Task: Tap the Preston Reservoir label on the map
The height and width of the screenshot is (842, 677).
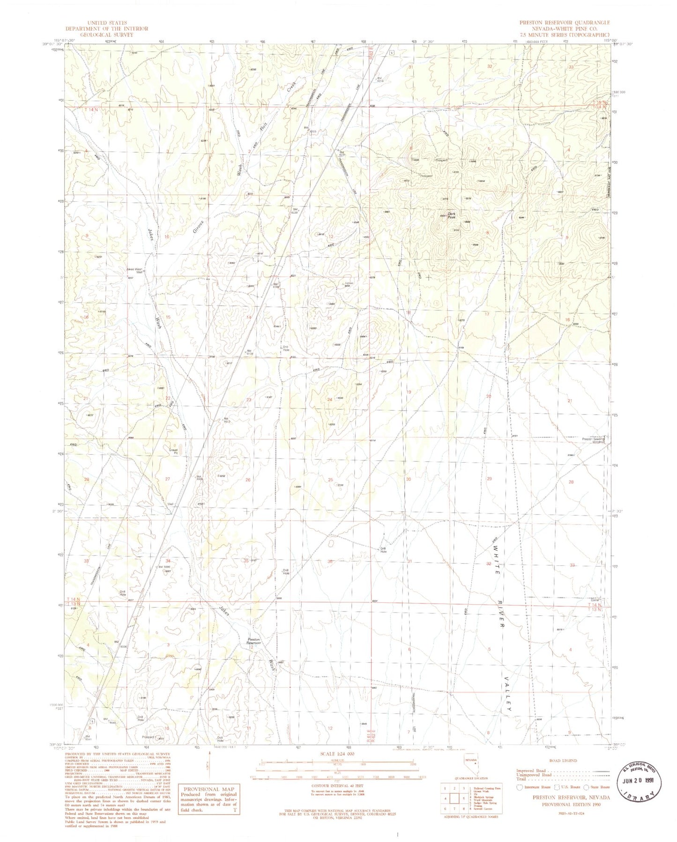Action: (253, 641)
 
